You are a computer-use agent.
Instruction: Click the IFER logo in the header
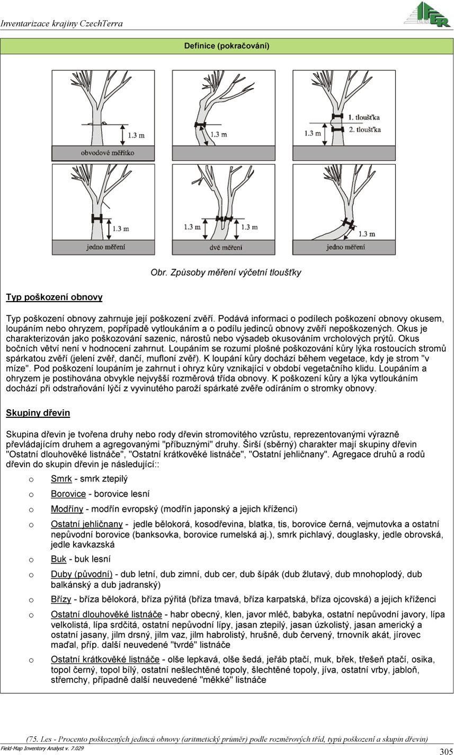pyautogui.click(x=427, y=14)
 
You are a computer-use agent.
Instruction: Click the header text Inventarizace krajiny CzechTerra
pyautogui.click(x=62, y=24)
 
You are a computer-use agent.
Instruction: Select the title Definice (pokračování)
pyautogui.click(x=227, y=46)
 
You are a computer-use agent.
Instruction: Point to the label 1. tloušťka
pyautogui.click(x=364, y=117)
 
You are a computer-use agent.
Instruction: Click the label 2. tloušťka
pyautogui.click(x=364, y=129)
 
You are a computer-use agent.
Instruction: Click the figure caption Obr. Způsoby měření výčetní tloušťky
pyautogui.click(x=226, y=273)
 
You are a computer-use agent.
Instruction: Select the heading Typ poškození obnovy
pyautogui.click(x=54, y=297)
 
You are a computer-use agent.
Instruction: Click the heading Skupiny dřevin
pyautogui.click(x=38, y=412)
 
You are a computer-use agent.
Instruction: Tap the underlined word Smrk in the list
pyautogui.click(x=61, y=479)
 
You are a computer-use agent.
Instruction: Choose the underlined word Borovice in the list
pyautogui.click(x=68, y=494)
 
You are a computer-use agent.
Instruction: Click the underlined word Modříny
pyautogui.click(x=67, y=510)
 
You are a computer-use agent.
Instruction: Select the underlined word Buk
pyautogui.click(x=58, y=559)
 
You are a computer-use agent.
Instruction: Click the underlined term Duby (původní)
pyautogui.click(x=82, y=574)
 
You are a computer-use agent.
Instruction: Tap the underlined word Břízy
pyautogui.click(x=61, y=600)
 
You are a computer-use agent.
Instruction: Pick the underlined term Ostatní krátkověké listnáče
pyautogui.click(x=105, y=660)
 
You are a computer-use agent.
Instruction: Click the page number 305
pyautogui.click(x=446, y=751)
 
